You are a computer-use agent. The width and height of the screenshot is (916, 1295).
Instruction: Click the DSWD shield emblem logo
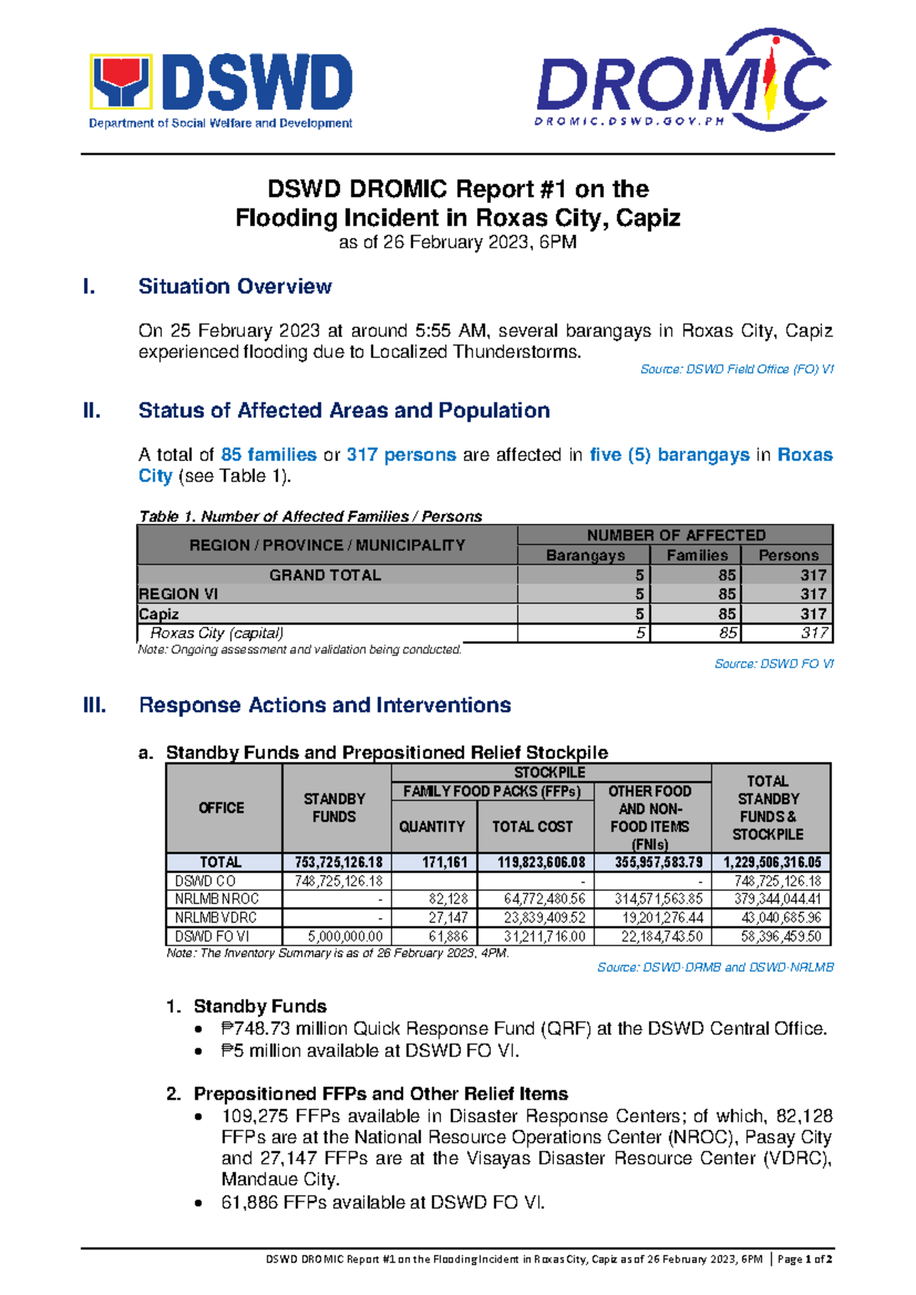point(121,81)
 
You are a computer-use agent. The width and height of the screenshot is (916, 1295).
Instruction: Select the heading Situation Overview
point(234,286)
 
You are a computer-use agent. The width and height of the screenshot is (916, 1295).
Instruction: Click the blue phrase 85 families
point(268,455)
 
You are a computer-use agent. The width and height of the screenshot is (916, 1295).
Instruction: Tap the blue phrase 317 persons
point(401,455)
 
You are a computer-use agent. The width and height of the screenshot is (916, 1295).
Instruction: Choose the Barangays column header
point(585,555)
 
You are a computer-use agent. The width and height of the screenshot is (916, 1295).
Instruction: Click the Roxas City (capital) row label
point(217,633)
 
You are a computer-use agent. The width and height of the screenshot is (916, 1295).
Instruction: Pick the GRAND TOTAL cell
point(325,575)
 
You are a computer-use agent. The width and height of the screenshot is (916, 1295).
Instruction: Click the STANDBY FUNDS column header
point(334,807)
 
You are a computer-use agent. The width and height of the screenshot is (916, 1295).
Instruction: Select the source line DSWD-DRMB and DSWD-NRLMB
point(714,967)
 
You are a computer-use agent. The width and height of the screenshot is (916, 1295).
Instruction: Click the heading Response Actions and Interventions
point(324,705)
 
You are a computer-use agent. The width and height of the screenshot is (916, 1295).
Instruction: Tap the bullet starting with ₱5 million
point(369,1051)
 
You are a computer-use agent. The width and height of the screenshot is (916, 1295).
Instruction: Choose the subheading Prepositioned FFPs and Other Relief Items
point(380,1093)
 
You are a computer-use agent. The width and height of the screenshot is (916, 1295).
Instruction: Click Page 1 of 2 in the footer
point(805,1259)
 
